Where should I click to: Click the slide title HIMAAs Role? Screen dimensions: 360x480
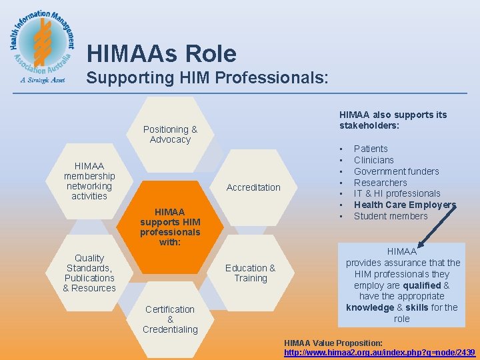coord(161,53)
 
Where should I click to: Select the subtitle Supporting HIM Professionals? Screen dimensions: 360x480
coord(207,77)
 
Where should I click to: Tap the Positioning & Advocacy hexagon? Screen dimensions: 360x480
coord(171,133)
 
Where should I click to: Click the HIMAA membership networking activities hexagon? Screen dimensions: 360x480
coord(89,181)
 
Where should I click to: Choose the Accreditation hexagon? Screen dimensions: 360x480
coord(253,187)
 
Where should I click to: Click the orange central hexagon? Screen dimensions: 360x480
coord(170,226)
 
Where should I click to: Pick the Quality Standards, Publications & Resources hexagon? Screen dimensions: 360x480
coord(89,273)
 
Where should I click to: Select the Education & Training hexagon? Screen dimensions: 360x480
coord(251,273)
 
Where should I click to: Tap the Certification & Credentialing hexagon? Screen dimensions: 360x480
coord(170,319)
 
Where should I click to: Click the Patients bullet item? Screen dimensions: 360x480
coord(371,149)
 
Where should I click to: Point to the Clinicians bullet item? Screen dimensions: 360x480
coord(374,160)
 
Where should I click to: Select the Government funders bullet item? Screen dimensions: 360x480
coord(396,171)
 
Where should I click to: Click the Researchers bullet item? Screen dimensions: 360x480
coord(380,183)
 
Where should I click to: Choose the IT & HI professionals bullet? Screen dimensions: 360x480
coord(397,193)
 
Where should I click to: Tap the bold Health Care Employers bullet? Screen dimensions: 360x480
coord(405,205)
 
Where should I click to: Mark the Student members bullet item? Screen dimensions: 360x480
coord(391,216)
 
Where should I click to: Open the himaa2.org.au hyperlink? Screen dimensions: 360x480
coord(379,352)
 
